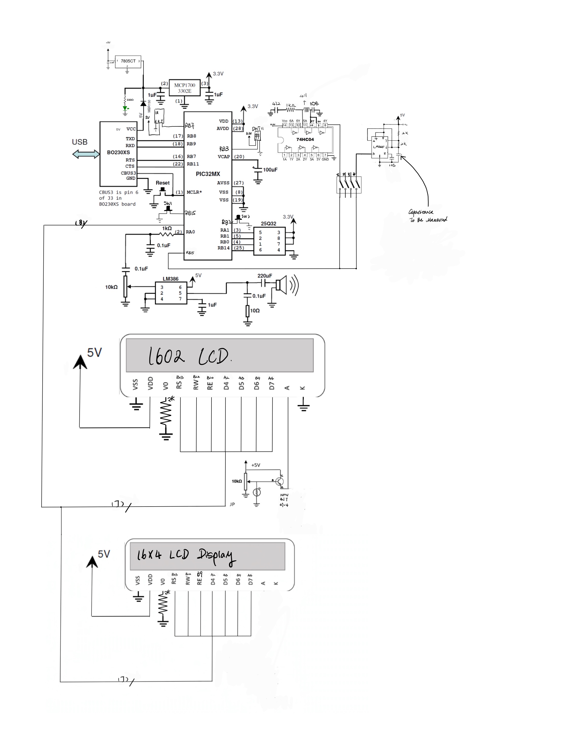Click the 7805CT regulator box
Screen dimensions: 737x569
128,61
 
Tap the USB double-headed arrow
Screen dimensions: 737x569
86,154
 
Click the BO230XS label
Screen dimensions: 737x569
118,153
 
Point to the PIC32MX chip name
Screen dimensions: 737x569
208,174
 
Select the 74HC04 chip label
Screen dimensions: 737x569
305,139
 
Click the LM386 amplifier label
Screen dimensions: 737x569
171,279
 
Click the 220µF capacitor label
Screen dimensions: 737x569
265,276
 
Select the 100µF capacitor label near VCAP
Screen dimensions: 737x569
270,170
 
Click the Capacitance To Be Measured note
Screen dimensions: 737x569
428,216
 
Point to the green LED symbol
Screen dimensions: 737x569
125,109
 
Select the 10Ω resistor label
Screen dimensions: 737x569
255,310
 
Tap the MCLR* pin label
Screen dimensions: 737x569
194,192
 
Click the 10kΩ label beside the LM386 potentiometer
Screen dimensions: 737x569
111,287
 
